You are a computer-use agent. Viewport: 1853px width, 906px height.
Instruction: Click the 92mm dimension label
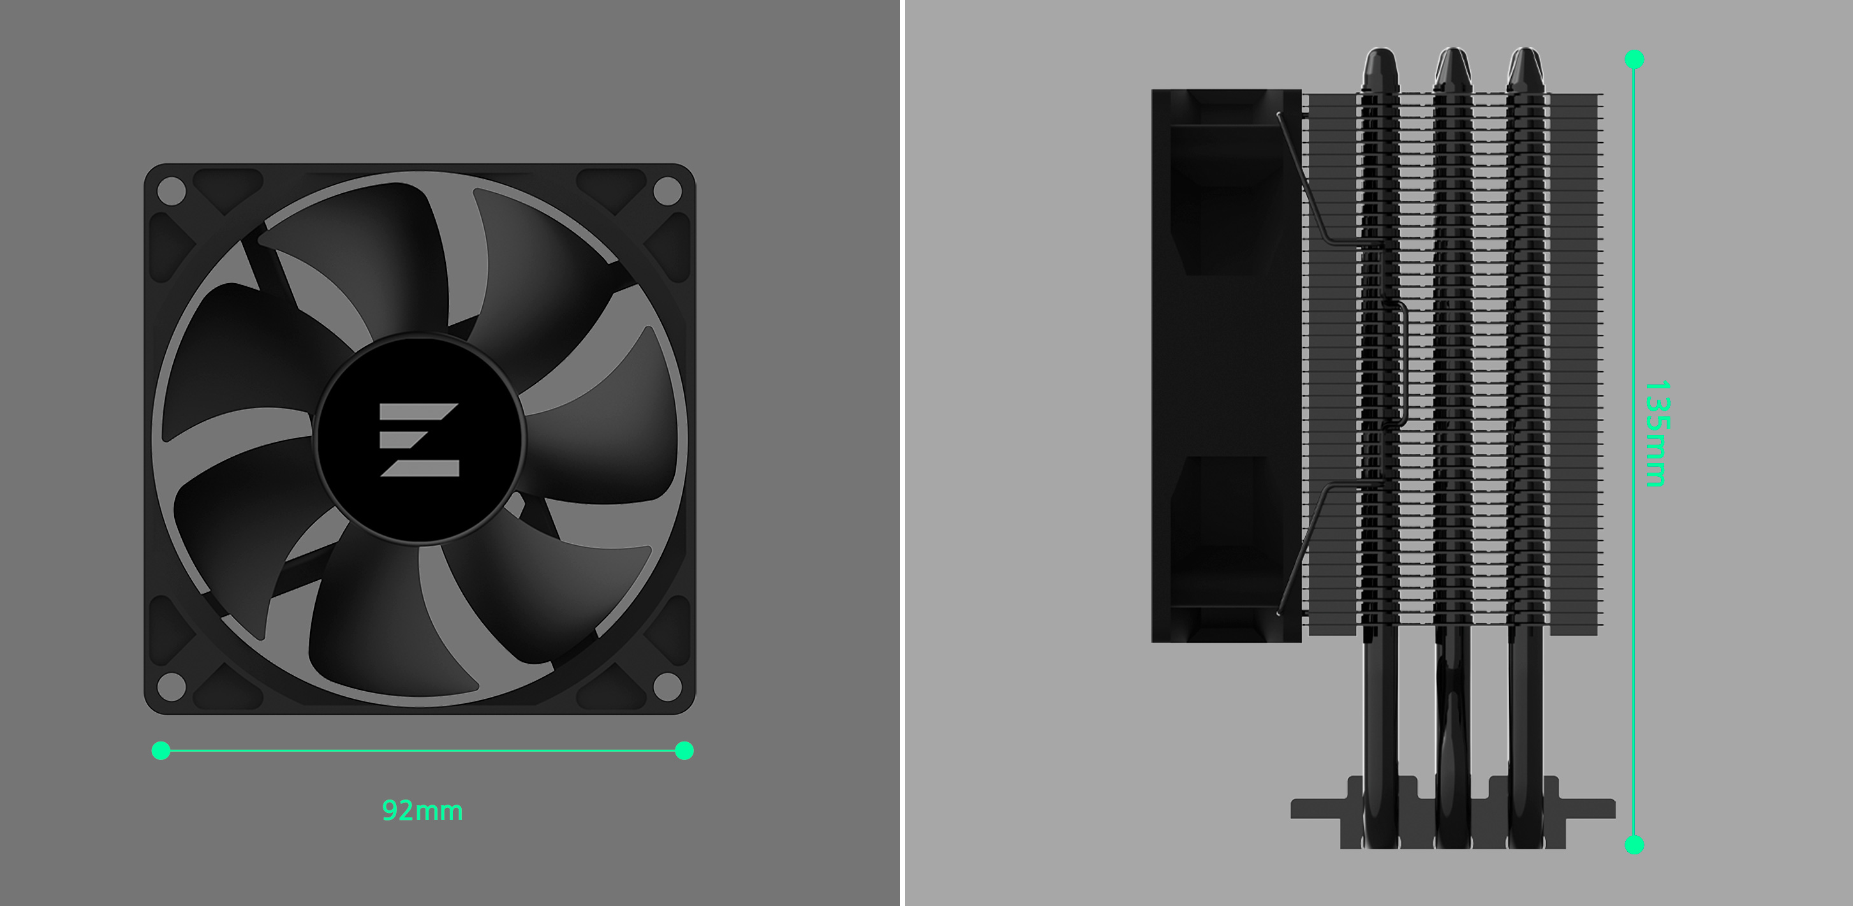[422, 810]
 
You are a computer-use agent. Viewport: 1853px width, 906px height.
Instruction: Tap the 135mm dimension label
[1657, 434]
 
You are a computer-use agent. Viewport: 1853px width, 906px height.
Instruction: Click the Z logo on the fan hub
[419, 439]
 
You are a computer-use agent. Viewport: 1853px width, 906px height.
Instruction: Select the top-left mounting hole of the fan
[171, 191]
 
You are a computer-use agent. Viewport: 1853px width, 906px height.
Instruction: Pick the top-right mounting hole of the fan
[668, 191]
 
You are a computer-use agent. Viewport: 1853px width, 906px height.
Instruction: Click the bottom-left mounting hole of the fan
[171, 687]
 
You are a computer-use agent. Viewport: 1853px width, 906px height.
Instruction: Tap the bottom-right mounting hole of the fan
[668, 687]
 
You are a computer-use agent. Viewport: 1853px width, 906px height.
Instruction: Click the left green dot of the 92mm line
[161, 750]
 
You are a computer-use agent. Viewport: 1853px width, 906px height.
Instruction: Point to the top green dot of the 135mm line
[1634, 59]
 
